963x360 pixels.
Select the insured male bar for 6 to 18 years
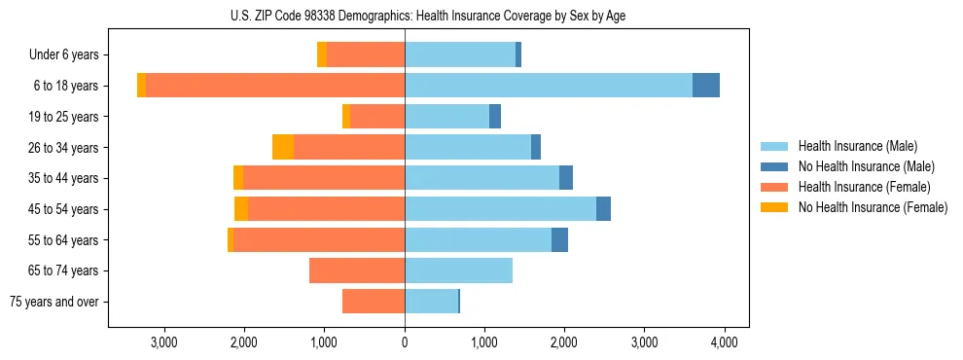(x=549, y=86)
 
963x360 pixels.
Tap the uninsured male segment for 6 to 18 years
(x=706, y=86)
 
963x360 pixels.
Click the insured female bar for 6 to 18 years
(x=275, y=86)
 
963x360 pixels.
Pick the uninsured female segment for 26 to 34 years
(x=283, y=147)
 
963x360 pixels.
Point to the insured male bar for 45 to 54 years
(x=500, y=208)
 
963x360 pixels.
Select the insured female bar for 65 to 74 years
(x=357, y=270)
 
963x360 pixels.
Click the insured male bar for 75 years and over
(x=431, y=302)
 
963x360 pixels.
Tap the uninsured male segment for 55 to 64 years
(x=559, y=239)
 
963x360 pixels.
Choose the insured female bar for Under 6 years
(x=366, y=54)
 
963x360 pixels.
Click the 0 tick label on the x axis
(x=405, y=342)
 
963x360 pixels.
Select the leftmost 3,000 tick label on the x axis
(x=164, y=342)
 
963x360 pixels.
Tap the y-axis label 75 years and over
(x=54, y=302)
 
